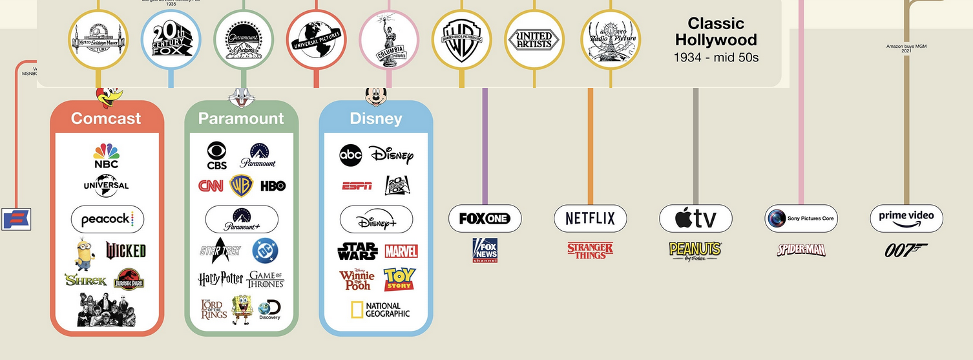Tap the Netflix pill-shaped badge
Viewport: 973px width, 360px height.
click(x=590, y=218)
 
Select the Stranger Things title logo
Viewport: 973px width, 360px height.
click(x=590, y=250)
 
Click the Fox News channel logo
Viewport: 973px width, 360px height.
click(x=485, y=250)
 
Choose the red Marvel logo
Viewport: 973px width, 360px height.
click(x=401, y=251)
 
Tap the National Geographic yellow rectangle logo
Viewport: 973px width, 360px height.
click(x=380, y=310)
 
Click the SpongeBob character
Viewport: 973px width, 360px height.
click(x=241, y=310)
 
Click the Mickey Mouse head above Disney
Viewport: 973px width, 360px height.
click(x=376, y=96)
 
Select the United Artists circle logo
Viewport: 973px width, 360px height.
click(x=534, y=39)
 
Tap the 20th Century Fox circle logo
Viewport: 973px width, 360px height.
click(x=171, y=39)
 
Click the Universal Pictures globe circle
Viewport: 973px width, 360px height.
click(x=316, y=39)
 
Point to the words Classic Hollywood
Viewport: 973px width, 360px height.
click(x=716, y=32)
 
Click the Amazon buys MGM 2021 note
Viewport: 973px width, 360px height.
click(x=906, y=48)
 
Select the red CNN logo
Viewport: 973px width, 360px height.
click(x=211, y=186)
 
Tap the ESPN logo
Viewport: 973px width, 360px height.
click(x=357, y=186)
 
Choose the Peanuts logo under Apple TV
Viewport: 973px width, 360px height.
click(x=695, y=250)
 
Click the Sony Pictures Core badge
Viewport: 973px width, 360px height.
click(x=800, y=218)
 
